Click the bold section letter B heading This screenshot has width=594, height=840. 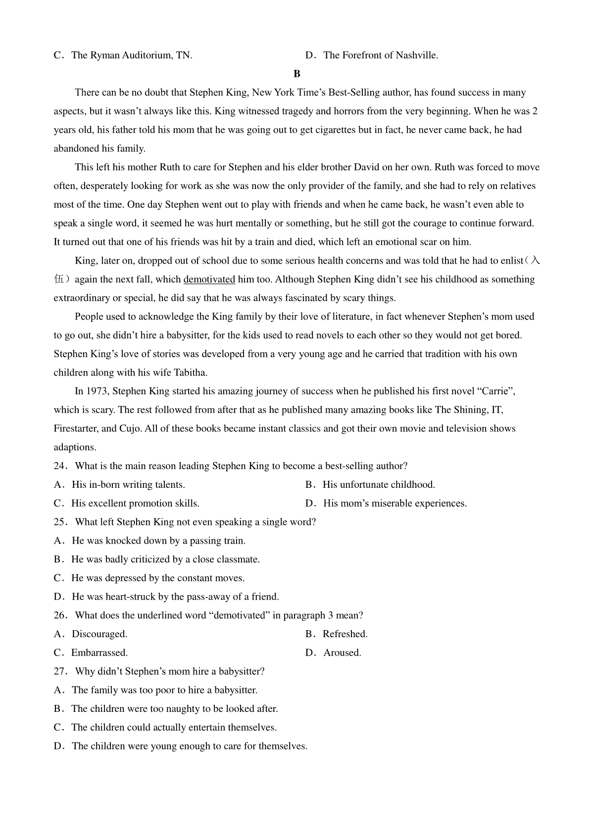tap(297, 74)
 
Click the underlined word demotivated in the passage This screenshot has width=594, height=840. tap(209, 280)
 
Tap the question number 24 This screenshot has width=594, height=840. tap(60, 466)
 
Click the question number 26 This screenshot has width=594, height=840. tap(60, 615)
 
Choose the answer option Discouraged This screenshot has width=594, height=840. tap(99, 634)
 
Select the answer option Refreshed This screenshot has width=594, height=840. tap(345, 634)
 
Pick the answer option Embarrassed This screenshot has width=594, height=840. tap(99, 653)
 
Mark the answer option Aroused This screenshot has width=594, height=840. tap(342, 653)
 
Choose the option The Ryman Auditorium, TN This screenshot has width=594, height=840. tap(132, 55)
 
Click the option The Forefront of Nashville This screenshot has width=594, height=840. tap(380, 55)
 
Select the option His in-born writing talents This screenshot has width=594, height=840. tap(128, 485)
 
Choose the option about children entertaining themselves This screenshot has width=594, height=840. tap(173, 728)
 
